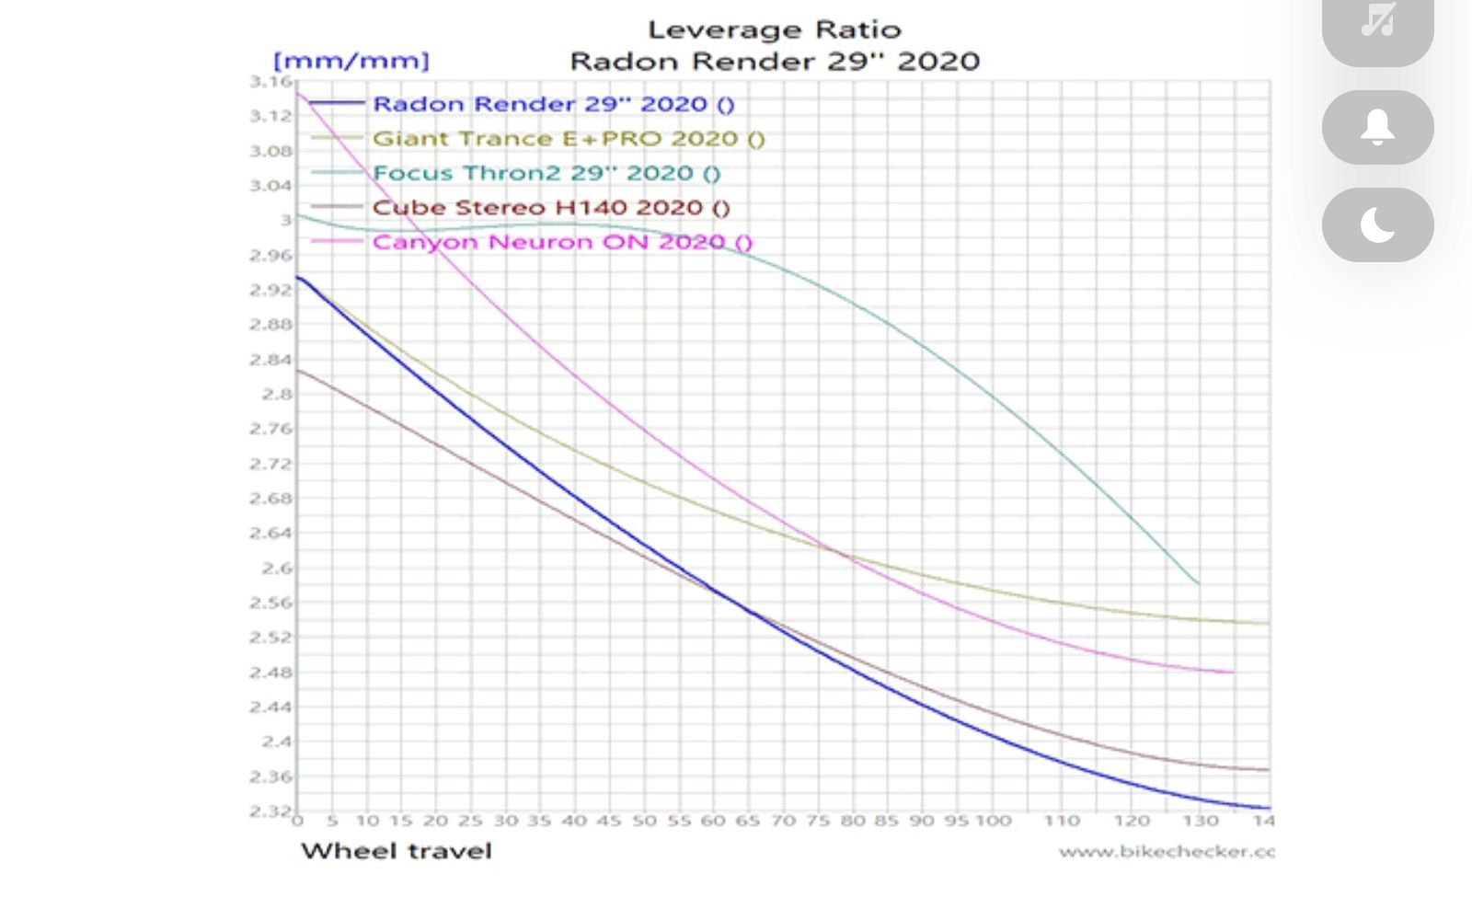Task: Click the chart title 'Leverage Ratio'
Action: click(x=774, y=30)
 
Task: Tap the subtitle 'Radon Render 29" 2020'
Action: click(x=775, y=62)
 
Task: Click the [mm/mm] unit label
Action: click(x=351, y=62)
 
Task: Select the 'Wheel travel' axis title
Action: click(x=397, y=851)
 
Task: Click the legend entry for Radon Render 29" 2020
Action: click(x=553, y=104)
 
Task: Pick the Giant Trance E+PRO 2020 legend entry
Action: click(x=569, y=139)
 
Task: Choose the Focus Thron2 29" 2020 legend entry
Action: click(x=546, y=173)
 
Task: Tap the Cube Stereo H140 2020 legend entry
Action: click(x=550, y=208)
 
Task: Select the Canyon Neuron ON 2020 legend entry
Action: click(x=562, y=243)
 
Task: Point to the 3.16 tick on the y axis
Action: click(x=270, y=82)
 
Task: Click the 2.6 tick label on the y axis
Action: click(x=276, y=569)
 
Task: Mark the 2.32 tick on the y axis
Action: click(x=270, y=811)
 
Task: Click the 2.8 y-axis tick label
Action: click(x=276, y=395)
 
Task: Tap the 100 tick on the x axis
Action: click(x=993, y=821)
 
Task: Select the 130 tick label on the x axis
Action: click(x=1201, y=821)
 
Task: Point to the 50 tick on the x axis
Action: click(x=644, y=821)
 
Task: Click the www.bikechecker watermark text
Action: click(x=1166, y=852)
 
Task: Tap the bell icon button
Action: click(x=1377, y=128)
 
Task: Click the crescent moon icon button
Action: click(x=1377, y=225)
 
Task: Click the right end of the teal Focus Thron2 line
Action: click(x=1197, y=582)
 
